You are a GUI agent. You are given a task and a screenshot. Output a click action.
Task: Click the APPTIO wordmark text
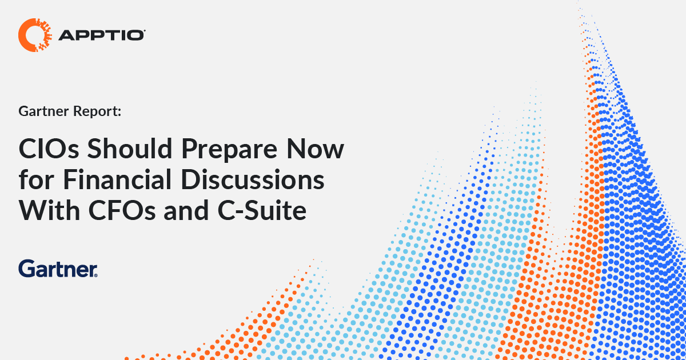(x=101, y=35)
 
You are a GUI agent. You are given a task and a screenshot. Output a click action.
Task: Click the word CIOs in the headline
(x=49, y=149)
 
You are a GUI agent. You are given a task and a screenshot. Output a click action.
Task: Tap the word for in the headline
(x=37, y=179)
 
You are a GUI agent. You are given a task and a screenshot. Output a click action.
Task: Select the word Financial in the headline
(x=117, y=179)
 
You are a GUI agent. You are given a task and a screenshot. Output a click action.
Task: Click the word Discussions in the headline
(x=252, y=179)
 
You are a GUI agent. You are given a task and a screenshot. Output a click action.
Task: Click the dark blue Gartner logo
(x=58, y=269)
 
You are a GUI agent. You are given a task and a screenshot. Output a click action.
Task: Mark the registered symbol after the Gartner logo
(x=96, y=275)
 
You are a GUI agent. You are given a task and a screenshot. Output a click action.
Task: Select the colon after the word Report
(x=119, y=113)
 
